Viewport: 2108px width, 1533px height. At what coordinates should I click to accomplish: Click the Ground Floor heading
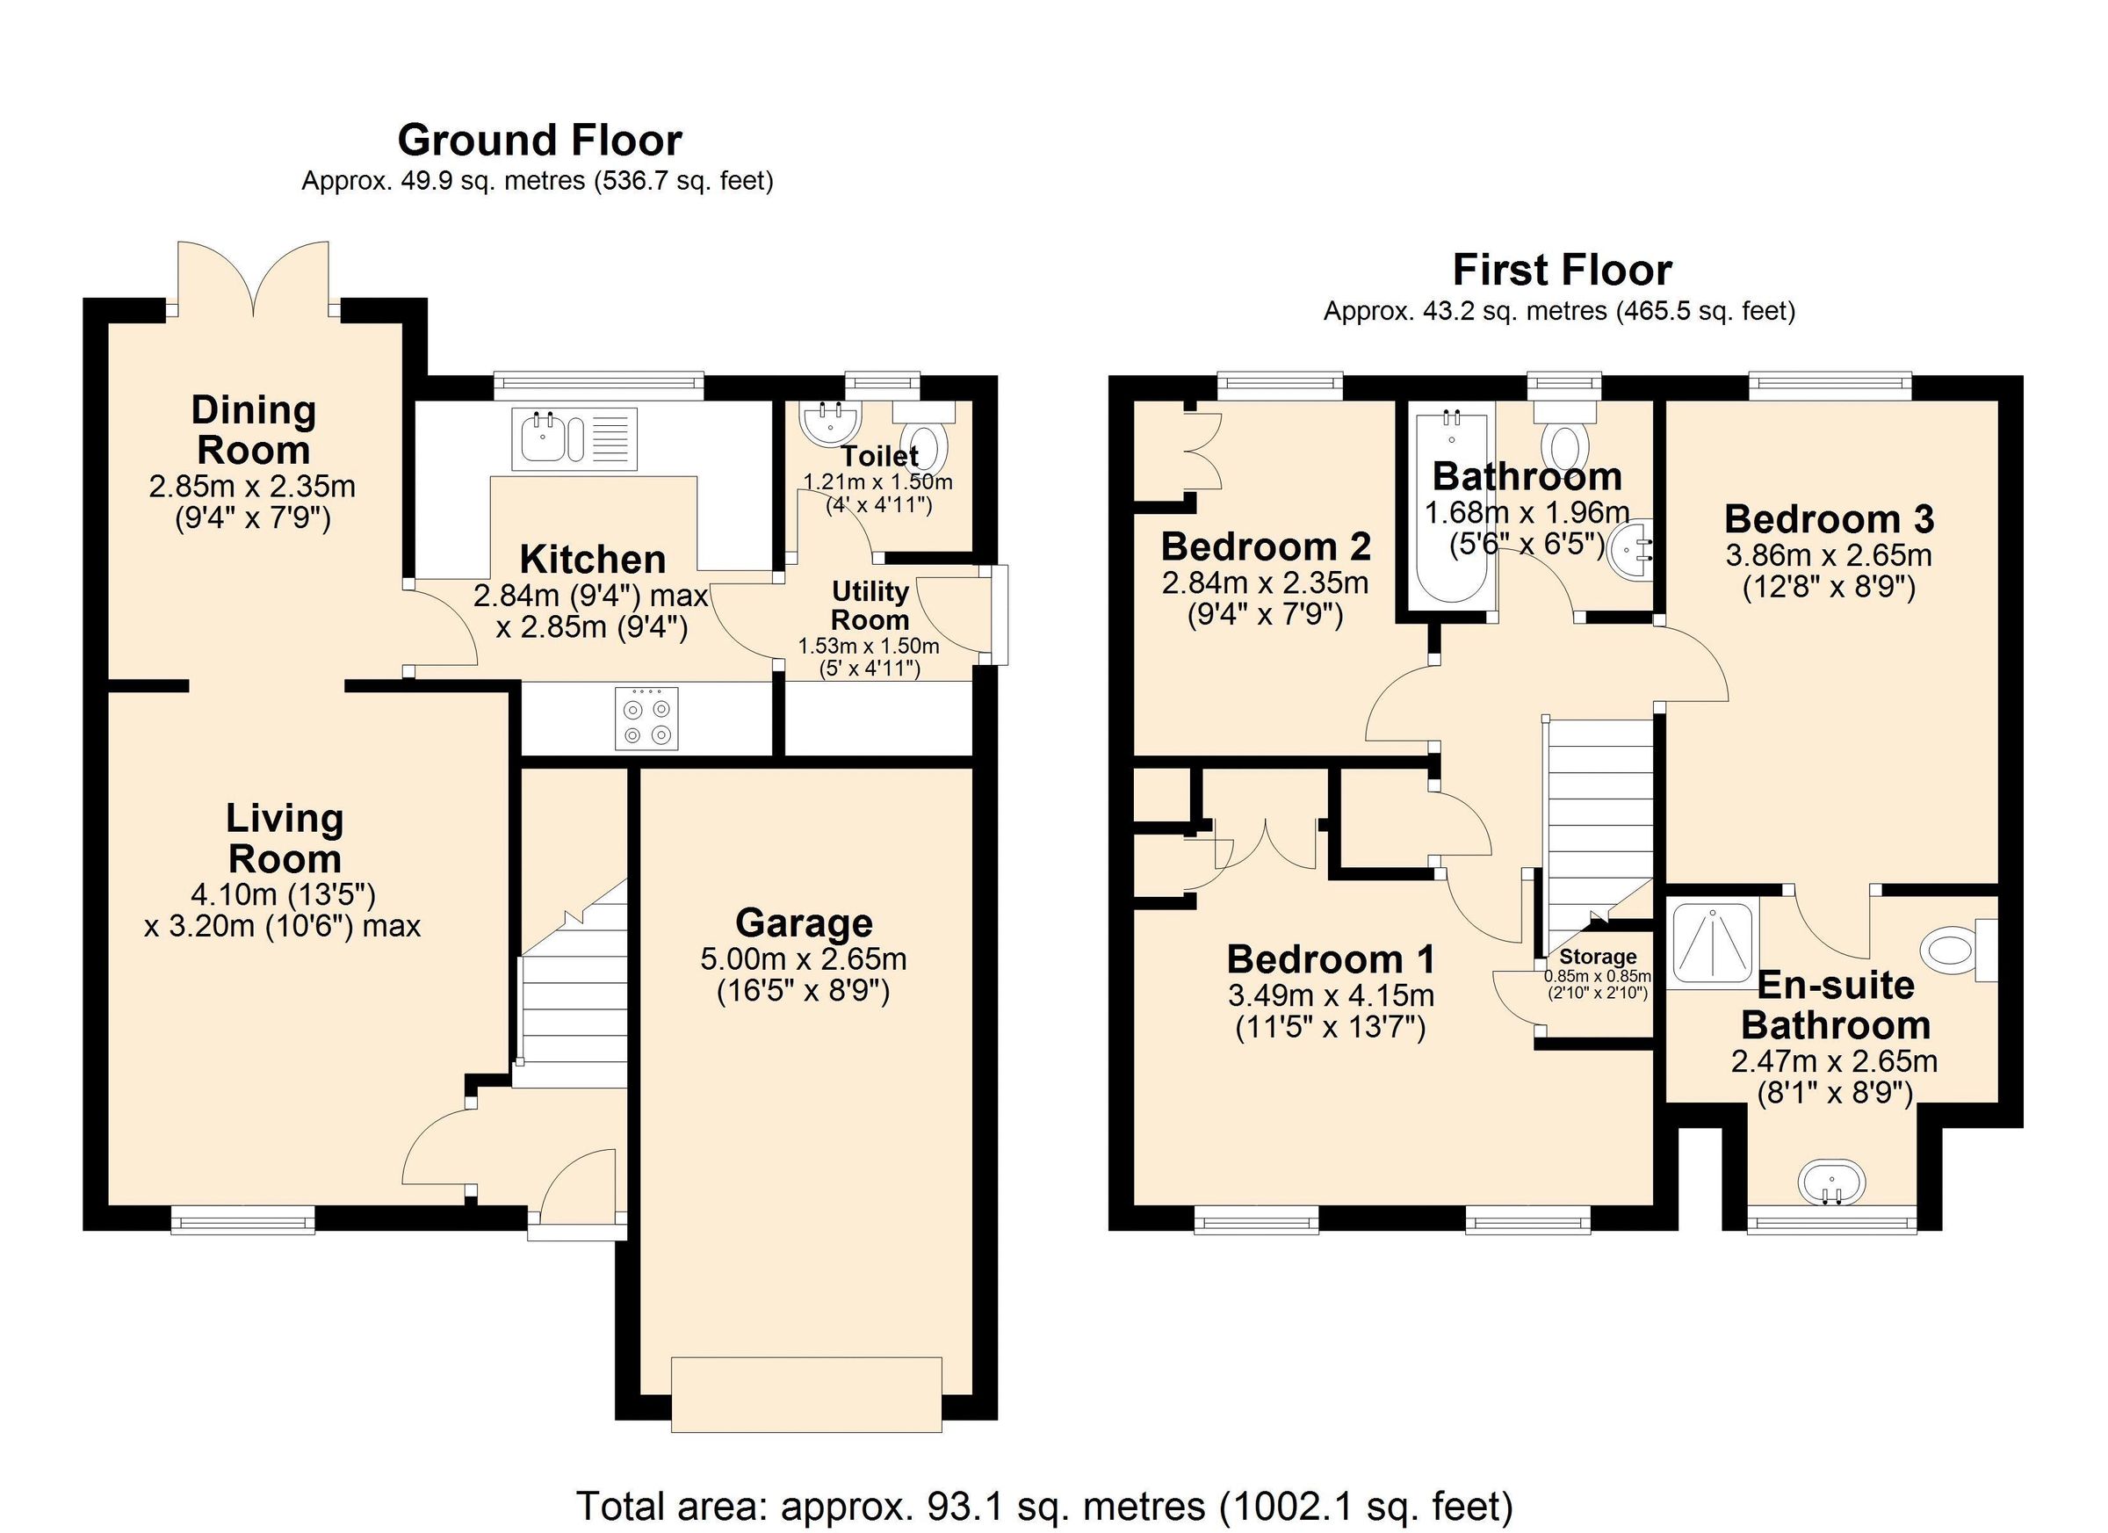pos(539,141)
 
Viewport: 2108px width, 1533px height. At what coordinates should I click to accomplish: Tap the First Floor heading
pos(1562,271)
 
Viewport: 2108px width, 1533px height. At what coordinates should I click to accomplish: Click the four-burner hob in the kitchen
pos(647,718)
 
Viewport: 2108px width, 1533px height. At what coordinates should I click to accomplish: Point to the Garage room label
pos(804,923)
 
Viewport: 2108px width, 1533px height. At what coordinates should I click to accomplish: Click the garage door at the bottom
pos(805,1393)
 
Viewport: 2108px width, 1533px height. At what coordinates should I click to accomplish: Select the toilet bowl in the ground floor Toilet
pos(926,446)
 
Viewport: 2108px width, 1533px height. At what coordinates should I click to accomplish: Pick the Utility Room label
pos(870,605)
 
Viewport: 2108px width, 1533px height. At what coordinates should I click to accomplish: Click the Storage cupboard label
pos(1598,957)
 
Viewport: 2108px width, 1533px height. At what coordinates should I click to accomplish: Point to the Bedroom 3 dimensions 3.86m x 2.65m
pos(1828,556)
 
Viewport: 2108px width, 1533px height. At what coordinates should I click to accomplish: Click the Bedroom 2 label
pos(1266,546)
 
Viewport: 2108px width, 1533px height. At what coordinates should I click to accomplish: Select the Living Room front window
pos(243,1219)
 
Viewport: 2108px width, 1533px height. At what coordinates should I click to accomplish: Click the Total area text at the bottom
pos(1044,1505)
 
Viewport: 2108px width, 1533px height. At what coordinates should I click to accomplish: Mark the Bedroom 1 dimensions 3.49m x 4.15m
pos(1331,995)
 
